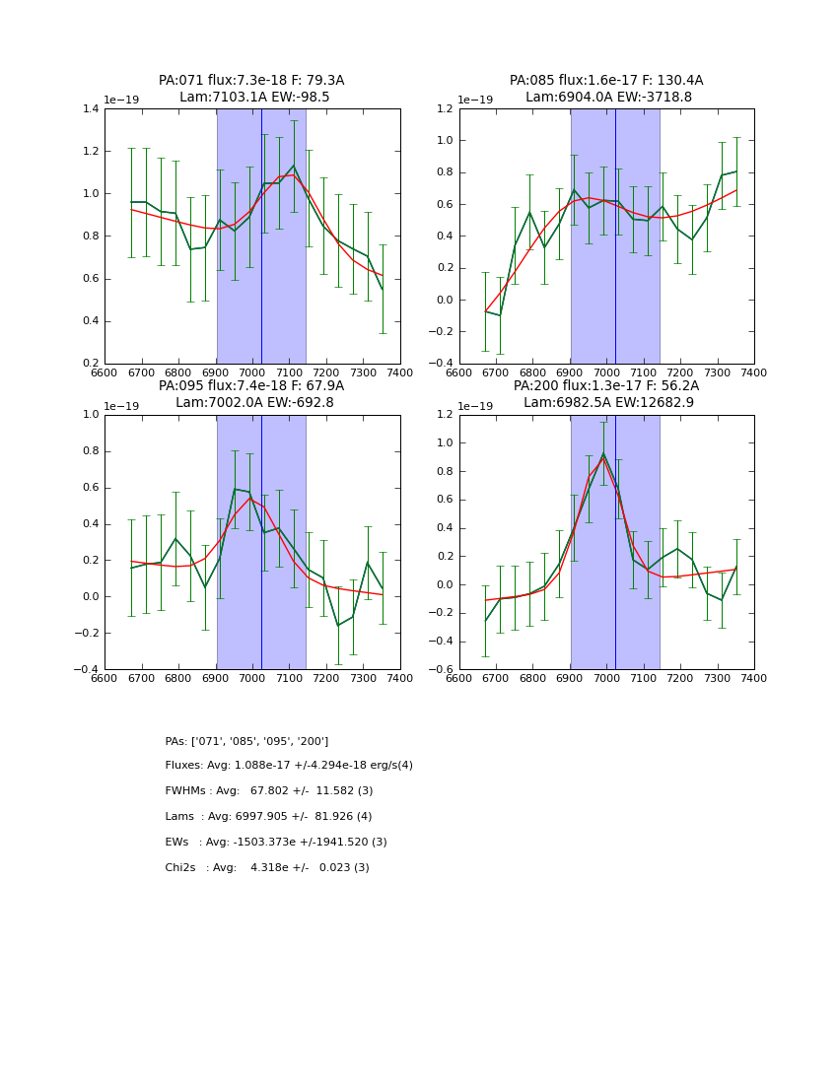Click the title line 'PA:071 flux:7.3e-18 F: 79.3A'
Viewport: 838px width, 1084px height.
click(251, 81)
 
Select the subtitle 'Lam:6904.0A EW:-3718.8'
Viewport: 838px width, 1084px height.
click(607, 98)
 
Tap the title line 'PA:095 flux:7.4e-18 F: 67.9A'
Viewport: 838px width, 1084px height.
click(251, 386)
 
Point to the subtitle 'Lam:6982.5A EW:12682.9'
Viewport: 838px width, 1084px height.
click(607, 402)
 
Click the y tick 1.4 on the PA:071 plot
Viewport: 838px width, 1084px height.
click(90, 109)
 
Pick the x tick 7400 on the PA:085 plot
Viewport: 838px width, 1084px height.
click(753, 373)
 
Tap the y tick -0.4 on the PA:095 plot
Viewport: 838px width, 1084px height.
click(87, 669)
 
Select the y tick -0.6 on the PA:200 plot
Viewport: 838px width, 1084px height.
click(442, 669)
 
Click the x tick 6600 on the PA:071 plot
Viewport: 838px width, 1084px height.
click(105, 373)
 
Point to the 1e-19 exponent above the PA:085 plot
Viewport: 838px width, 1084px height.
click(476, 101)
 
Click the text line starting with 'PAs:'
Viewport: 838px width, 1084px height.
click(246, 741)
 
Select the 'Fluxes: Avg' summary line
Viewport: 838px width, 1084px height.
click(289, 766)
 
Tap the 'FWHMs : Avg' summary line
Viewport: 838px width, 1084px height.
click(268, 791)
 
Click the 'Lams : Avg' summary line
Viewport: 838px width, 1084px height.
click(268, 817)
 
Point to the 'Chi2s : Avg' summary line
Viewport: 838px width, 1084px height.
click(266, 868)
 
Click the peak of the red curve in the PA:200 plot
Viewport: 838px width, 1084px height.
click(603, 457)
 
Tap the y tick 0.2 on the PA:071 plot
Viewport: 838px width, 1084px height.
click(90, 364)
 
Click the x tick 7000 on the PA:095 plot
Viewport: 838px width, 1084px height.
click(252, 678)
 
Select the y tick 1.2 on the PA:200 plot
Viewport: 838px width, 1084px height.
click(444, 415)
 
